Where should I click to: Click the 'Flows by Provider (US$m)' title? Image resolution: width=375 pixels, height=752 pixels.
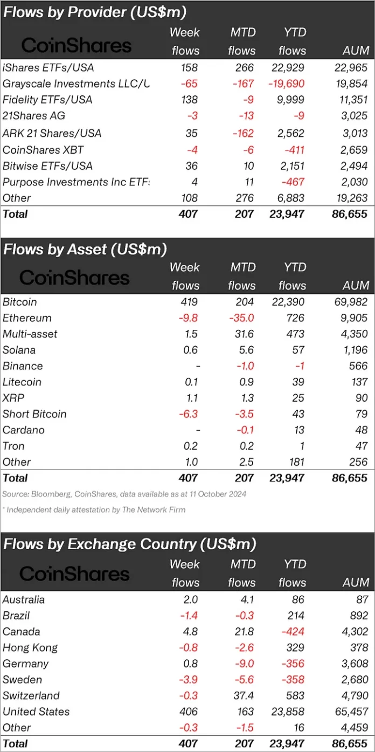tap(95, 12)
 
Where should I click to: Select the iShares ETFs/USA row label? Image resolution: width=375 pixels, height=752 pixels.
tap(47, 67)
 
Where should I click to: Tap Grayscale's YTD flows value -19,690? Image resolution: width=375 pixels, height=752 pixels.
tap(284, 84)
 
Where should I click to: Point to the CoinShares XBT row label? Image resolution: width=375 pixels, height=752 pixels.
tap(44, 149)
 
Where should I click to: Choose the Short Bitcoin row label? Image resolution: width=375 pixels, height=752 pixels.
tap(34, 414)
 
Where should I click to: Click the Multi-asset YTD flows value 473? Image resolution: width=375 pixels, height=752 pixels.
tap(295, 334)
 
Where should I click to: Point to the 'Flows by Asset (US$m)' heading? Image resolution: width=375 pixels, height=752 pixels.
tap(85, 249)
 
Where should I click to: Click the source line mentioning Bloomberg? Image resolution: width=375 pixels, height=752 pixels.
tap(124, 494)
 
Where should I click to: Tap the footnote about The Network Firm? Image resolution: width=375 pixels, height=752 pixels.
tap(94, 509)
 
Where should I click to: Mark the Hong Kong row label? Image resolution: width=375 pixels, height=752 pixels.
tap(30, 647)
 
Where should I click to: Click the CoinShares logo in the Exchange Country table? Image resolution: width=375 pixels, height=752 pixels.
tap(75, 574)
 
